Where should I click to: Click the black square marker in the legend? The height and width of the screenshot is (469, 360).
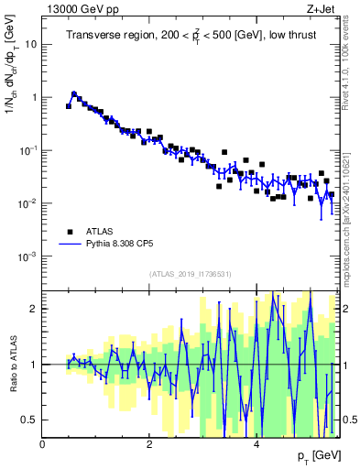(x=69, y=231)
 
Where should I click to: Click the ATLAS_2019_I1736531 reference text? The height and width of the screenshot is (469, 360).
(x=190, y=273)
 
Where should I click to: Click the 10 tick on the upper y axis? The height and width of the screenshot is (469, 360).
(x=30, y=43)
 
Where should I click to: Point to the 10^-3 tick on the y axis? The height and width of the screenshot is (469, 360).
(x=27, y=256)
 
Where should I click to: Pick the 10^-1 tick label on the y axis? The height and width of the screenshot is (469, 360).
(x=27, y=150)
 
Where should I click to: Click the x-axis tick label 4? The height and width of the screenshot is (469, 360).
(x=256, y=444)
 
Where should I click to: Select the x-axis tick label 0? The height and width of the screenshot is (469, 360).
(x=43, y=444)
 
